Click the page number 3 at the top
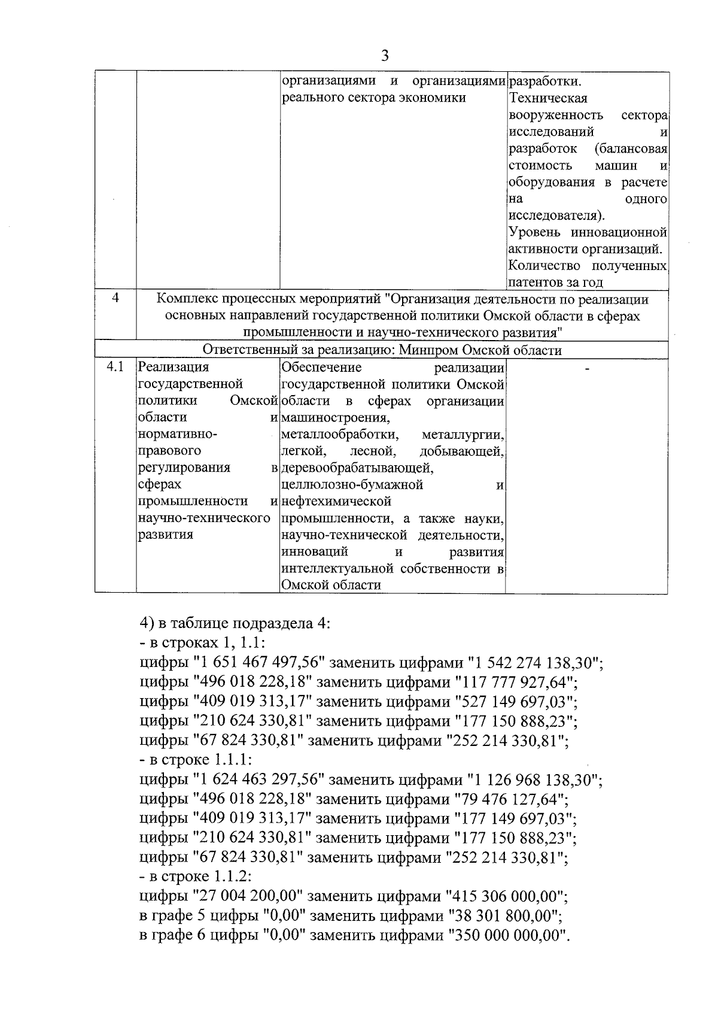[385, 56]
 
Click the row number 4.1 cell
[115, 366]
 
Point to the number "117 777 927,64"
[516, 683]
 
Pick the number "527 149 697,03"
[516, 702]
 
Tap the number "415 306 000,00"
[507, 897]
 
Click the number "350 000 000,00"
[507, 936]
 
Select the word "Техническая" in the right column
[548, 98]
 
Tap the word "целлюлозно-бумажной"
[352, 484]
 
